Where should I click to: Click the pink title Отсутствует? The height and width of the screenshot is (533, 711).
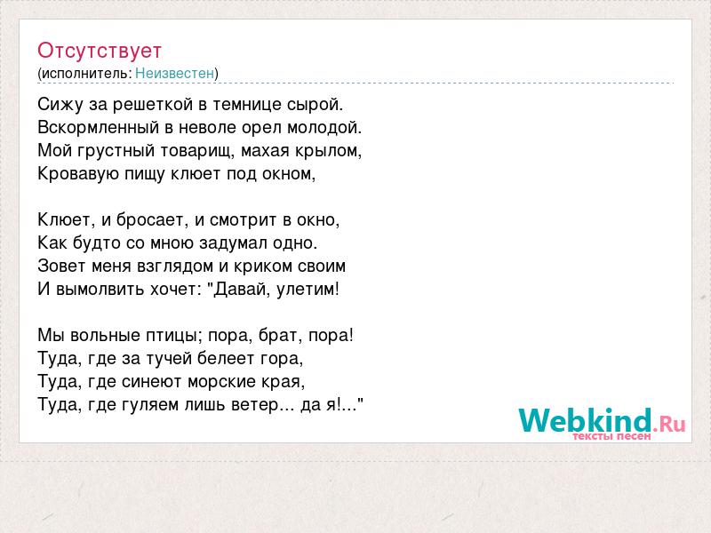pyautogui.click(x=100, y=51)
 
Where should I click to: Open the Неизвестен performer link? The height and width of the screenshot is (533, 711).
pyautogui.click(x=174, y=73)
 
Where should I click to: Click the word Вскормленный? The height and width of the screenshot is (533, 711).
pyautogui.click(x=99, y=127)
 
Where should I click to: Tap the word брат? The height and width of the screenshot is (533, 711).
pyautogui.click(x=281, y=336)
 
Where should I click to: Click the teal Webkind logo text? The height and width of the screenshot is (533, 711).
pyautogui.click(x=586, y=419)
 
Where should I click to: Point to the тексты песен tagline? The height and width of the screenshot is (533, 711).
pyautogui.click(x=611, y=436)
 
